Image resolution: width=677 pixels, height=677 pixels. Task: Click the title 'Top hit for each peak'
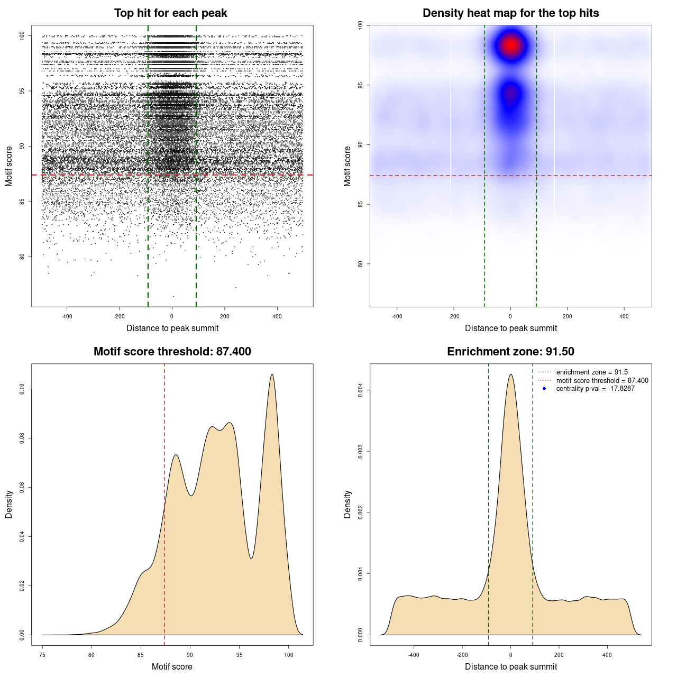pyautogui.click(x=170, y=13)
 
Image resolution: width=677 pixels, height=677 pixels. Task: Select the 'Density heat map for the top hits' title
pyautogui.click(x=510, y=13)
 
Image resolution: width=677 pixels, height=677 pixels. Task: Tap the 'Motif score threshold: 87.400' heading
pyautogui.click(x=172, y=352)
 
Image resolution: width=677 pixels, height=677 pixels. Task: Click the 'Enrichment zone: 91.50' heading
pyautogui.click(x=510, y=352)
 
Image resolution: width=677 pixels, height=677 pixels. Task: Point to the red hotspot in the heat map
pyautogui.click(x=511, y=45)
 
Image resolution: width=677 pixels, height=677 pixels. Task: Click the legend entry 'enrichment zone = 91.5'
pyautogui.click(x=592, y=372)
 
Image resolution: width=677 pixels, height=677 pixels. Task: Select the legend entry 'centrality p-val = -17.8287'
pyautogui.click(x=595, y=389)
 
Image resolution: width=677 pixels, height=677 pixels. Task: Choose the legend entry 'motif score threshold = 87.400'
pyautogui.click(x=602, y=381)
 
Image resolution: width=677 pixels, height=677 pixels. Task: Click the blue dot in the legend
pyautogui.click(x=544, y=389)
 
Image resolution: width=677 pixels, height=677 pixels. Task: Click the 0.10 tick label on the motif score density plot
pyautogui.click(x=22, y=389)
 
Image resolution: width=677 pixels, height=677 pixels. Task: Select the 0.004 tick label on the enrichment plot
pyautogui.click(x=360, y=390)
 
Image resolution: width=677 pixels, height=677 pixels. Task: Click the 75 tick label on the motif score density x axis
pyautogui.click(x=42, y=655)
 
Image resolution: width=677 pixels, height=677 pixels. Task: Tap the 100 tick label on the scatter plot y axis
pyautogui.click(x=22, y=35)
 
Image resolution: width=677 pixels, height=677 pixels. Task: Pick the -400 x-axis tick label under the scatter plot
pyautogui.click(x=67, y=316)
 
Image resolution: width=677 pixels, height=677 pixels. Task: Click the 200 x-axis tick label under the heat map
pyautogui.click(x=567, y=316)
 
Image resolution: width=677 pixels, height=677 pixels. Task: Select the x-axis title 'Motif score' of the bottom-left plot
pyautogui.click(x=172, y=666)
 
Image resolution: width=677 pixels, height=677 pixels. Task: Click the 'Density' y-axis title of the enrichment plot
pyautogui.click(x=347, y=504)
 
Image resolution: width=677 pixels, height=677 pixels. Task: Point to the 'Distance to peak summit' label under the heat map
pyautogui.click(x=510, y=328)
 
